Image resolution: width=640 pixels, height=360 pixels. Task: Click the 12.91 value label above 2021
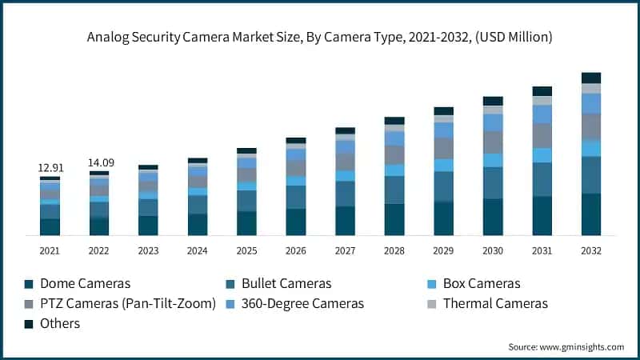pos(50,168)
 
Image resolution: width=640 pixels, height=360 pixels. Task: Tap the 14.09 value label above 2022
pos(99,162)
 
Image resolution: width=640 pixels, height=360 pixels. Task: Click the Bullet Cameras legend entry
pos(286,283)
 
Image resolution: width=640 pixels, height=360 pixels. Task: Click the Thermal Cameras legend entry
pos(494,303)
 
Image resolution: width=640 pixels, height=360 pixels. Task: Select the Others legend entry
pos(60,323)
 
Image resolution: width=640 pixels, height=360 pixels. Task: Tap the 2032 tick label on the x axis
pos(591,250)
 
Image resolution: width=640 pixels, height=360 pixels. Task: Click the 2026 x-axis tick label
pos(296,250)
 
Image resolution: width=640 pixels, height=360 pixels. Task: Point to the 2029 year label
pos(443,250)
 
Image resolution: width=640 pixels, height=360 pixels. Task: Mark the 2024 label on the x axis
pos(198,250)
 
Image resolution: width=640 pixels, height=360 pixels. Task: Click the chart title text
pos(320,37)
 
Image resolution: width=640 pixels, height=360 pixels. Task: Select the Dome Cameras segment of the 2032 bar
pos(591,214)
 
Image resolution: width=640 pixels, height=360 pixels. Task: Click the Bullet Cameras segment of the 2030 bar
pos(493,182)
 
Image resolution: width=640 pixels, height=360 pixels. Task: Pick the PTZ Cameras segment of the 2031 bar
pos(542,135)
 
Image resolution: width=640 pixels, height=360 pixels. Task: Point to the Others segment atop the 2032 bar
pos(591,78)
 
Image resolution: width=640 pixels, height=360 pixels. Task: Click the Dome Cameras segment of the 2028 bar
pos(394,219)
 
